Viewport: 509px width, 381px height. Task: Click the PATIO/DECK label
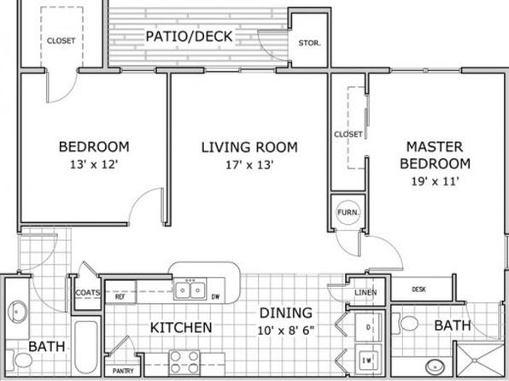(x=189, y=37)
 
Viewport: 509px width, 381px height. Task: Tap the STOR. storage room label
(x=309, y=43)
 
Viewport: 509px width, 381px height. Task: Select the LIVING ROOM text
(x=249, y=148)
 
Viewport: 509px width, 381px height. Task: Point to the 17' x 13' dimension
(x=249, y=165)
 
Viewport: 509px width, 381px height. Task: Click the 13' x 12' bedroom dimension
(x=93, y=164)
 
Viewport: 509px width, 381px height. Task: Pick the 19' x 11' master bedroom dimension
(x=435, y=181)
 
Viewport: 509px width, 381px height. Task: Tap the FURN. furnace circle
(x=348, y=213)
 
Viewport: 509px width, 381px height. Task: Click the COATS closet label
(x=87, y=293)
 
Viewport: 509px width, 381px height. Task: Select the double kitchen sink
(x=190, y=290)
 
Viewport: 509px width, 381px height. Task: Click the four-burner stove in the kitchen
(x=184, y=362)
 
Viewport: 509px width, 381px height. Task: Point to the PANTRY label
(x=123, y=371)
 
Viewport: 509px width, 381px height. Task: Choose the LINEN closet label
(x=366, y=292)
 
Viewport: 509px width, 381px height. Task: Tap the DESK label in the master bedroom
(x=418, y=289)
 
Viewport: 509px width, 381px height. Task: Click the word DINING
(x=286, y=313)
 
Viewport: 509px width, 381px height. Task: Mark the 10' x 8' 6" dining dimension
(x=286, y=331)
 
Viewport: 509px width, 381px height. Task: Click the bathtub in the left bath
(x=86, y=347)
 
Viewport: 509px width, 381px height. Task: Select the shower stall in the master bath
(x=479, y=360)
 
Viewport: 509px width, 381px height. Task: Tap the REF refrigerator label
(x=120, y=297)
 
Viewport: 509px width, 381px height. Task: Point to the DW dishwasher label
(x=215, y=297)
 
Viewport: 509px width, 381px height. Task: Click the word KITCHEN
(x=181, y=328)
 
